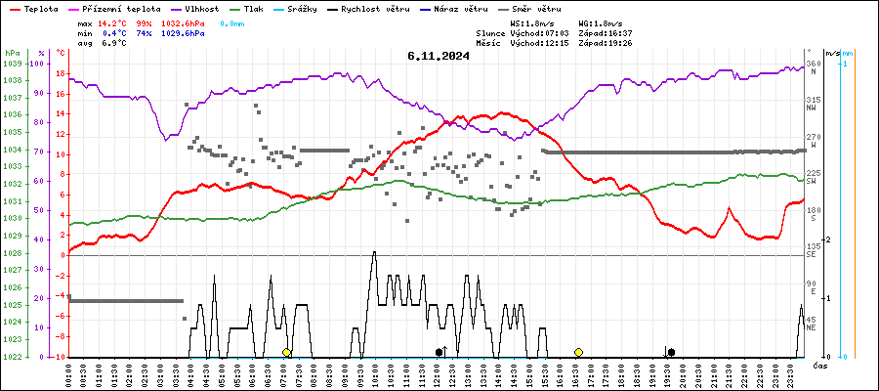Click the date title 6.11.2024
[439, 56]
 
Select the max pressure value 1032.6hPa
[184, 22]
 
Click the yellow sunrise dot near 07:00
[286, 352]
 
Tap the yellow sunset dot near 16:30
[578, 352]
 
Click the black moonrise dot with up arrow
[440, 352]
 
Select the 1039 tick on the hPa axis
[12, 64]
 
